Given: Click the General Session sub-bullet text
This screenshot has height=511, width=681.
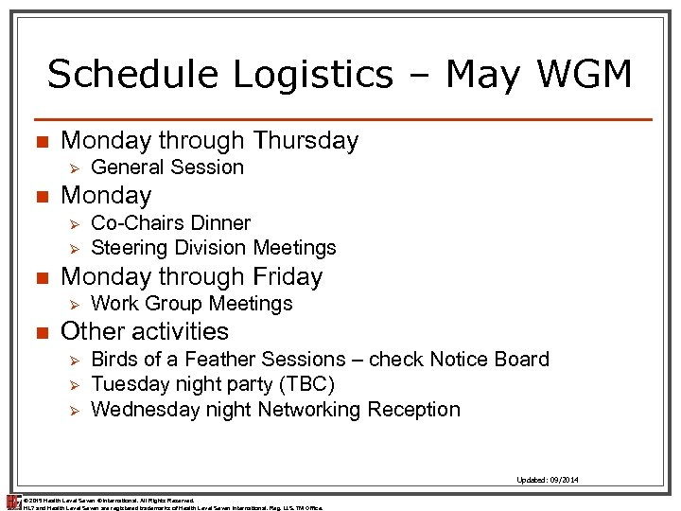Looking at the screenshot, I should coord(167,167).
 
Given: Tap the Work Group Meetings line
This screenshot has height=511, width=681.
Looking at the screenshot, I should coord(192,304).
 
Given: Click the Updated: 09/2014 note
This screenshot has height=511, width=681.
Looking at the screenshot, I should coord(548,480).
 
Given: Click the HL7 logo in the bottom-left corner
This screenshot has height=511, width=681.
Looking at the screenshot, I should coord(13,502).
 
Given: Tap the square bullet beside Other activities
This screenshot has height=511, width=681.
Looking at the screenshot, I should coord(40,333).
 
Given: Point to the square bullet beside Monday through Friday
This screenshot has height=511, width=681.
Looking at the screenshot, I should coord(40,278).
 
